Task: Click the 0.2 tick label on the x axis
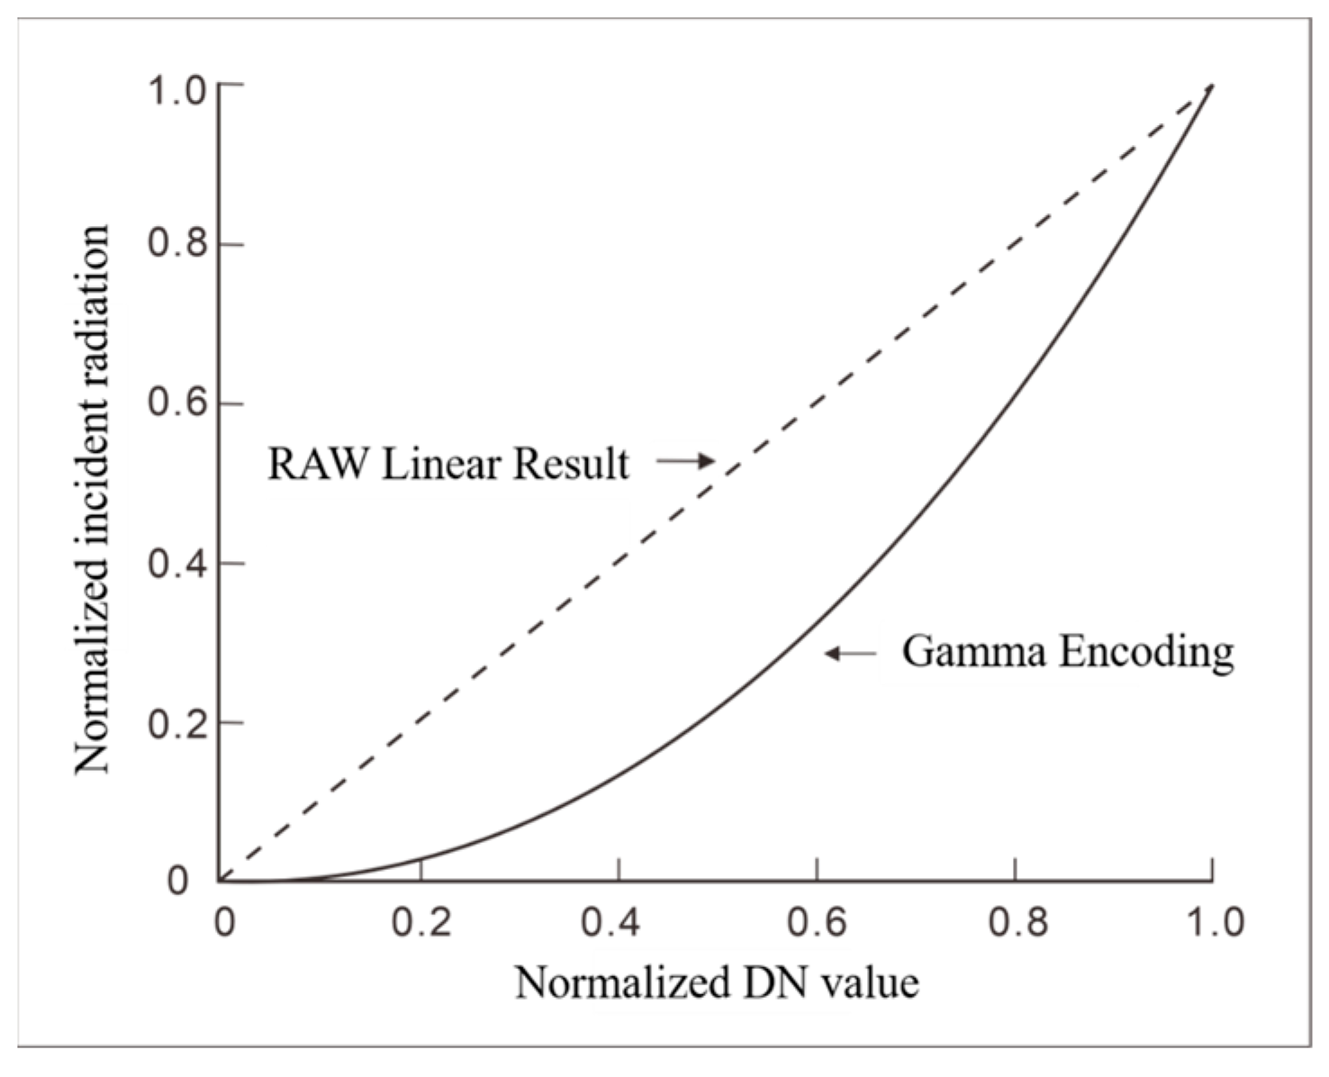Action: pyautogui.click(x=421, y=922)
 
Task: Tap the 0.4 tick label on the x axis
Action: pyautogui.click(x=619, y=922)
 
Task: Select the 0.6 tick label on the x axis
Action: pyautogui.click(x=817, y=922)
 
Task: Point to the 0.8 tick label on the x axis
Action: pyautogui.click(x=1016, y=922)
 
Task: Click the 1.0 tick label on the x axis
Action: pyautogui.click(x=1211, y=922)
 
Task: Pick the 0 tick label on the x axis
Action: pyautogui.click(x=224, y=922)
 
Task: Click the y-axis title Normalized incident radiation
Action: pyautogui.click(x=92, y=500)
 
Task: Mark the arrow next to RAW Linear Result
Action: pyautogui.click(x=685, y=461)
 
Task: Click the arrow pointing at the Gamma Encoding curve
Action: pyautogui.click(x=850, y=653)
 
